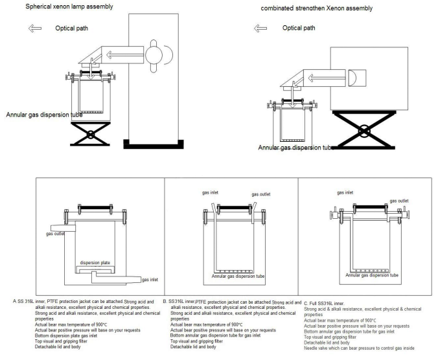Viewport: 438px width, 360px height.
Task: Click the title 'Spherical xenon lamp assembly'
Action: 69,6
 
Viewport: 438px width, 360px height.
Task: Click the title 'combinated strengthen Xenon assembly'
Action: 316,8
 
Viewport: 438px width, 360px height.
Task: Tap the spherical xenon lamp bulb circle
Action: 154,55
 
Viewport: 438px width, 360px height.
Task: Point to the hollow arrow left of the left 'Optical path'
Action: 35,28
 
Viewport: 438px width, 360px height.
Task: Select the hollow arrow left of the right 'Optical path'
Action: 260,28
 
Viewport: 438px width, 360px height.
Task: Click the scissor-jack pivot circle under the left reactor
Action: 91,135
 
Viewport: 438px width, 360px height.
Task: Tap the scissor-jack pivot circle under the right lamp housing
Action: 363,131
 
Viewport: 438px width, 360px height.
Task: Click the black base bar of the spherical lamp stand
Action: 154,146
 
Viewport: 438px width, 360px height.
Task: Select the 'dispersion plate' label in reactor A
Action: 95,263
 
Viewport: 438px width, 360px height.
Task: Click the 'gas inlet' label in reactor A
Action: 150,279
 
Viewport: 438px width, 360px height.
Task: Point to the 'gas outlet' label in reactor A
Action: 55,234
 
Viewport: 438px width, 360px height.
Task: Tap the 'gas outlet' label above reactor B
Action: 261,194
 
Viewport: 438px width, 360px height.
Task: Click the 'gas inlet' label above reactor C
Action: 345,192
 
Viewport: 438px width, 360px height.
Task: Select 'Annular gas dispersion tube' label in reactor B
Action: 238,276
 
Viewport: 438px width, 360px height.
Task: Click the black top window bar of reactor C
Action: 370,207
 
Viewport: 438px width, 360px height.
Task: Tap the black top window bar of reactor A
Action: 95,208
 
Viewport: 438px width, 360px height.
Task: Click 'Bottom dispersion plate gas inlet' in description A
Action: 66,336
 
